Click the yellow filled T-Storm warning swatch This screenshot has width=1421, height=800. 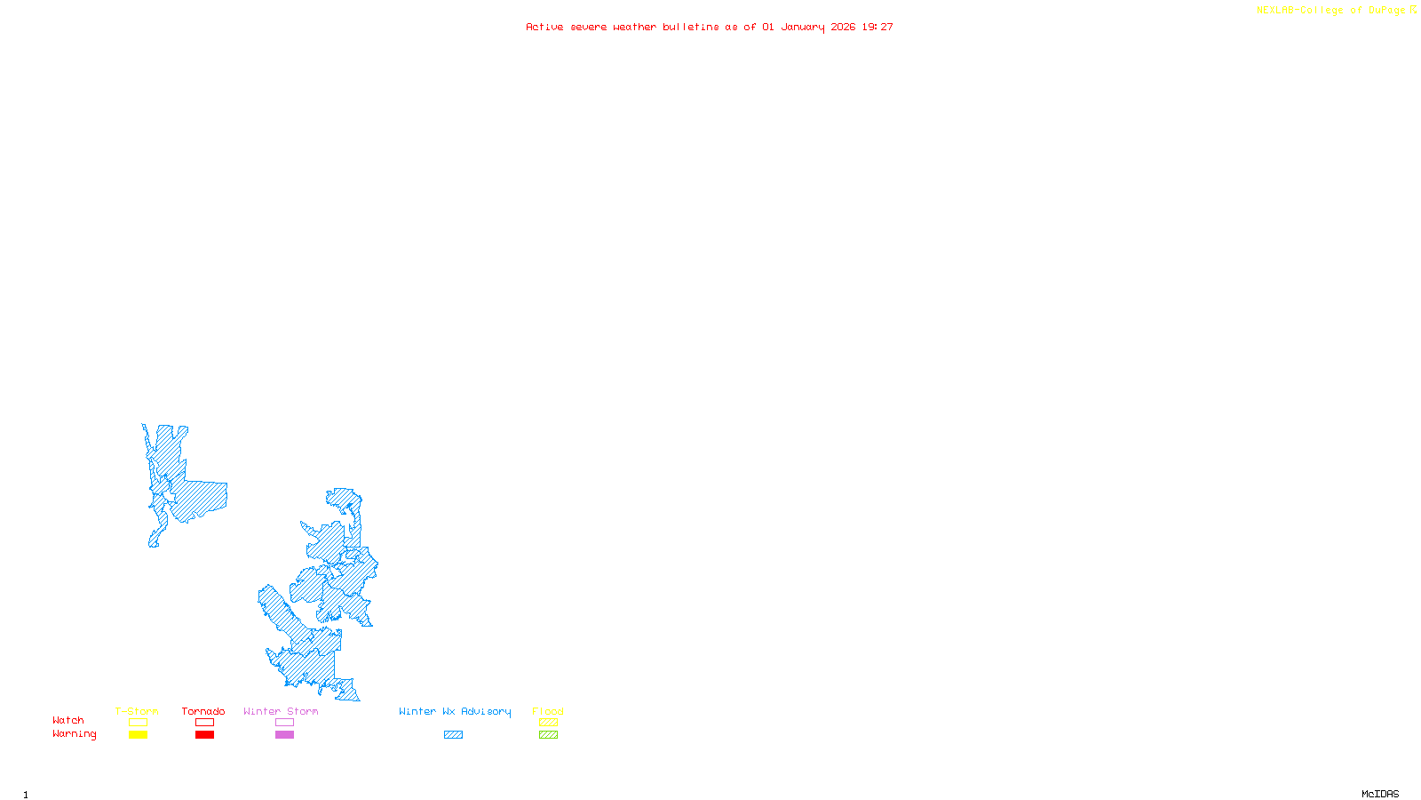pyautogui.click(x=138, y=735)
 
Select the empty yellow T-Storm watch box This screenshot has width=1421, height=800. pyautogui.click(x=138, y=723)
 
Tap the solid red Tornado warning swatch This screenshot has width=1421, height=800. pyautogui.click(x=204, y=735)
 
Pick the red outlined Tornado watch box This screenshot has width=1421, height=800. pyautogui.click(x=204, y=723)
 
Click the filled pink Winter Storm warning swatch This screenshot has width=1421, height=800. pyautogui.click(x=284, y=735)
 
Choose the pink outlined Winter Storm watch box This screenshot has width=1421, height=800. pyautogui.click(x=284, y=723)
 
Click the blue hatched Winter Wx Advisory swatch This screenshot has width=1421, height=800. pyautogui.click(x=453, y=735)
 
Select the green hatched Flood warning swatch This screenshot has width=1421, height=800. pyautogui.click(x=548, y=735)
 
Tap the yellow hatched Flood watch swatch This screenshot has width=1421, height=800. pyautogui.click(x=548, y=723)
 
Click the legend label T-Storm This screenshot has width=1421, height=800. pyautogui.click(x=137, y=711)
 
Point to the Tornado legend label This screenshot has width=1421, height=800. pyautogui.click(x=203, y=711)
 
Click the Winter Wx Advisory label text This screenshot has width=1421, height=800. pyautogui.click(x=455, y=711)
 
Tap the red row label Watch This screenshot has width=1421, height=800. pyautogui.click(x=68, y=721)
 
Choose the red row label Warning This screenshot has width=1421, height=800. pyautogui.click(x=74, y=734)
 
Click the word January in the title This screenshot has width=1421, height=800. pyautogui.click(x=803, y=28)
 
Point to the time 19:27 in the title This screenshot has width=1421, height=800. pyautogui.click(x=877, y=28)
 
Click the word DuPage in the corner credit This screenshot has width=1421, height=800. pyautogui.click(x=1386, y=11)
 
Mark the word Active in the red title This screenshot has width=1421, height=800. pyautogui.click(x=544, y=28)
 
